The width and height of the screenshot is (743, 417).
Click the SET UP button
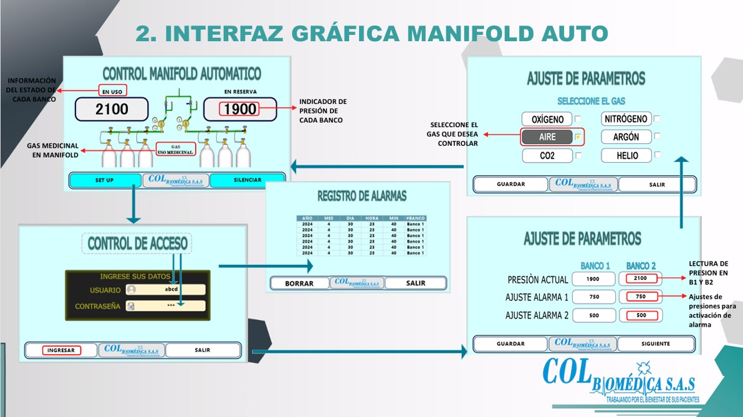click(104, 180)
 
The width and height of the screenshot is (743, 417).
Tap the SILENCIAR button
click(247, 180)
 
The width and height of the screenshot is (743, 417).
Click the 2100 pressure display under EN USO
click(112, 109)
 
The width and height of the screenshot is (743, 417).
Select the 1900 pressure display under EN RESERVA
click(240, 109)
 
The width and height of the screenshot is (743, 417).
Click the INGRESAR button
click(61, 350)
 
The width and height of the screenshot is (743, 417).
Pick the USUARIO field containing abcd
click(165, 289)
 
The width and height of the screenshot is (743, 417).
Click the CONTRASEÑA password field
click(165, 306)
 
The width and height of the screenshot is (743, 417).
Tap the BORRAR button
click(299, 283)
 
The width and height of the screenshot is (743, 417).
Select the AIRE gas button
click(547, 137)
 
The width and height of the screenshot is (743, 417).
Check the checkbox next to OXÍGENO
click(578, 119)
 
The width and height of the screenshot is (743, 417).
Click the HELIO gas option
click(626, 156)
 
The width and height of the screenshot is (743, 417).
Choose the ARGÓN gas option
click(626, 137)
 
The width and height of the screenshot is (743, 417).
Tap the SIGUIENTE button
click(656, 343)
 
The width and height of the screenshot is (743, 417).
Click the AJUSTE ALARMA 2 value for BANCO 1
click(593, 315)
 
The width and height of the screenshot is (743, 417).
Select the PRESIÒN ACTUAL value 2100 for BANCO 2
click(641, 279)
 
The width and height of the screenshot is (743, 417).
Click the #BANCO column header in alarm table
click(415, 218)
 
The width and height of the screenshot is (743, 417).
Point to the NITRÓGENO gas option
click(626, 118)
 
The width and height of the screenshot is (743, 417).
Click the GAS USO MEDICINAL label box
click(176, 149)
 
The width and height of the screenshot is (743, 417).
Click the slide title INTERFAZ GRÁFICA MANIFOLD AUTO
click(371, 33)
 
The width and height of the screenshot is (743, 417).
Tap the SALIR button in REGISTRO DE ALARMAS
click(415, 283)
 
